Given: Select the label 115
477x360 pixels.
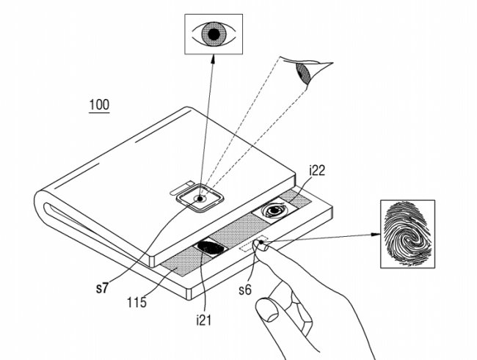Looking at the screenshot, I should coord(136,301).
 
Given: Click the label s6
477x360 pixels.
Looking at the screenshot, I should coord(245,289).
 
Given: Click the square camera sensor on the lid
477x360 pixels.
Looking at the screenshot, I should coord(200,197).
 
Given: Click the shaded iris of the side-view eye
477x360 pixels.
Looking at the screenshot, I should coord(301,73).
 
